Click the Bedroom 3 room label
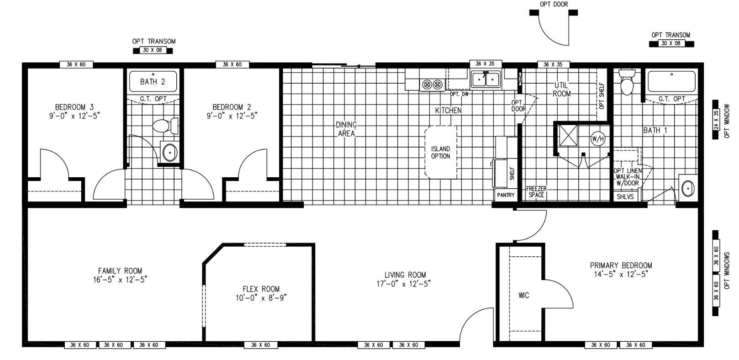pyautogui.click(x=74, y=107)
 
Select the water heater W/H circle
pyautogui.click(x=597, y=138)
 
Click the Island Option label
pyautogui.click(x=440, y=153)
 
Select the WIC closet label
pyautogui.click(x=523, y=296)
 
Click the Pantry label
pyautogui.click(x=506, y=195)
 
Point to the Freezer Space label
pyautogui.click(x=536, y=192)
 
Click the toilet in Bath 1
pyautogui.click(x=628, y=84)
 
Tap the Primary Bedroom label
pyautogui.click(x=621, y=265)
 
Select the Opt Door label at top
pyautogui.click(x=554, y=5)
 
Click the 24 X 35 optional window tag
pyautogui.click(x=716, y=120)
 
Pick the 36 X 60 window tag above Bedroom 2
pyautogui.click(x=232, y=64)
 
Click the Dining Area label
pyautogui.click(x=346, y=129)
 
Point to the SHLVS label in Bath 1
pyautogui.click(x=625, y=196)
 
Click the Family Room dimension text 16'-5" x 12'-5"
pyautogui.click(x=120, y=280)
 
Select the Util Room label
pyautogui.click(x=561, y=90)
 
